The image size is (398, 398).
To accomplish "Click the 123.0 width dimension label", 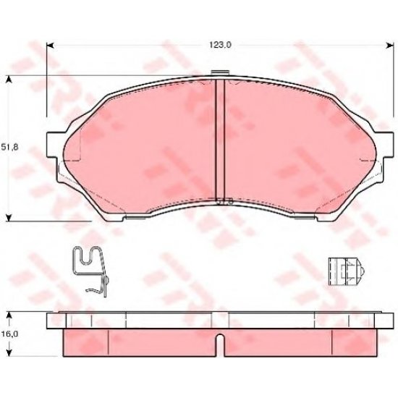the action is [x=220, y=45].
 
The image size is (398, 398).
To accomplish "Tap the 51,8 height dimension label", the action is [x=9, y=147].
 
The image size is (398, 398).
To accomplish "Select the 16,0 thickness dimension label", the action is [x=9, y=334].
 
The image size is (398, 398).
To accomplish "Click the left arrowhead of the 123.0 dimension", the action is [x=50, y=46].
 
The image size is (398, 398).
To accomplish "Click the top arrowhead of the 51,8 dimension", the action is [x=9, y=79].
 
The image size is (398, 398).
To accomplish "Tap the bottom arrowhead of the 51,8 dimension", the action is [x=9, y=217].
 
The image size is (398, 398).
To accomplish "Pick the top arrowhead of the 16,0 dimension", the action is [x=9, y=316].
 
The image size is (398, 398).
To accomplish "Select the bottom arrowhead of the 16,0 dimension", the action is [x=9, y=353].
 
